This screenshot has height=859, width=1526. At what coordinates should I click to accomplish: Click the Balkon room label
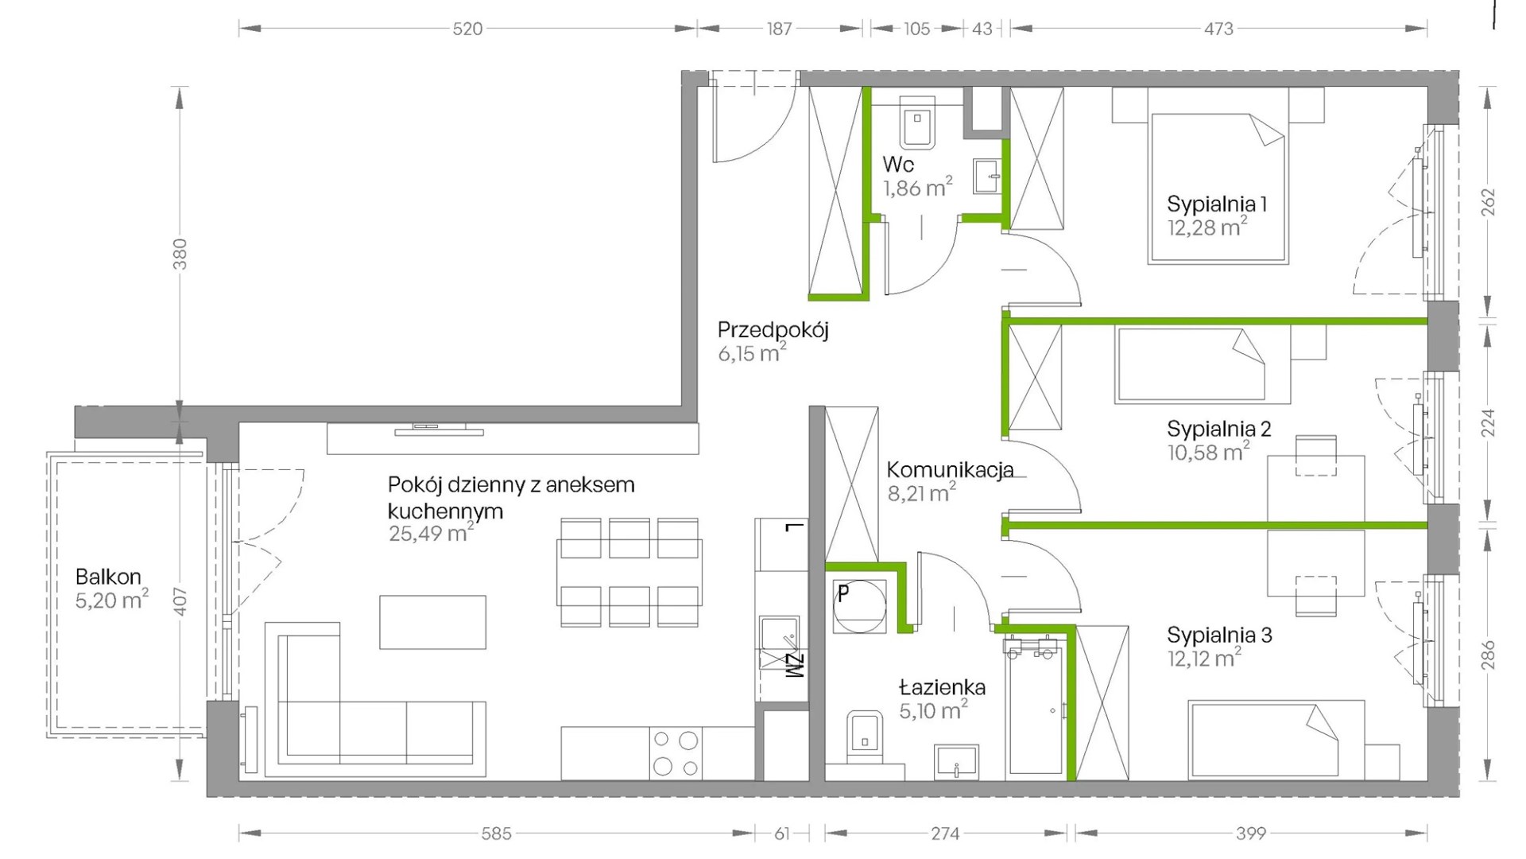[108, 577]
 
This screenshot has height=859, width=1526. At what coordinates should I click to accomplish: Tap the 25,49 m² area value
[432, 533]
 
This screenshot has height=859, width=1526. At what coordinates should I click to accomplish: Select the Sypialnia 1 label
[1217, 204]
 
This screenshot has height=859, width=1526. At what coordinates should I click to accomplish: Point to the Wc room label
[898, 165]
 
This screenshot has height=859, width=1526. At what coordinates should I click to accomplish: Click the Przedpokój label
[773, 330]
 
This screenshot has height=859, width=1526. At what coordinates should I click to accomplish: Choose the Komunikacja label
[951, 469]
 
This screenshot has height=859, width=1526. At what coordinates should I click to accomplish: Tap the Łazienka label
[943, 687]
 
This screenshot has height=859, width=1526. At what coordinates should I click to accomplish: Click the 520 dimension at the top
[467, 29]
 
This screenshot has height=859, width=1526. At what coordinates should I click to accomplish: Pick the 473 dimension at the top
[1218, 29]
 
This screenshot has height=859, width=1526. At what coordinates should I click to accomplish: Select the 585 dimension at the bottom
[496, 834]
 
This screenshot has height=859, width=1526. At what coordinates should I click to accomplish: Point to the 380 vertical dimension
[180, 254]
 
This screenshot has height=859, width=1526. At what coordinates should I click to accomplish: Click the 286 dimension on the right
[1489, 655]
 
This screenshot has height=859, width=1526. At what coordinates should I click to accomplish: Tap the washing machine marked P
[858, 607]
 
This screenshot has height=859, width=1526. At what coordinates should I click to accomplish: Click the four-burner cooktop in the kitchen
[676, 753]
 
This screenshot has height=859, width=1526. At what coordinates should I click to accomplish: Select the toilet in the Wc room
[920, 124]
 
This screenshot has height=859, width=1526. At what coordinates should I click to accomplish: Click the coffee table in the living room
[432, 622]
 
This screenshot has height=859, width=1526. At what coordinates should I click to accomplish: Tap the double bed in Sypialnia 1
[1218, 189]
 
